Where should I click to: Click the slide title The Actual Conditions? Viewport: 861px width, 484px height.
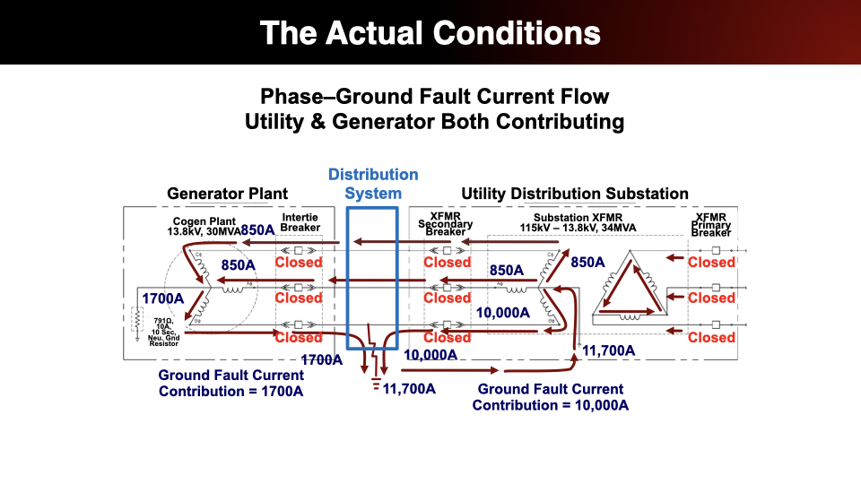click(430, 33)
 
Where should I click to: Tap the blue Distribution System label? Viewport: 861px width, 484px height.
click(373, 184)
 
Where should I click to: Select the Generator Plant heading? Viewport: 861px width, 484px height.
click(228, 194)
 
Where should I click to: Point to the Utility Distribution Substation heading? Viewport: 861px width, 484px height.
click(575, 194)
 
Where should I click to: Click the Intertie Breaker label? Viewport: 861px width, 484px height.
click(300, 223)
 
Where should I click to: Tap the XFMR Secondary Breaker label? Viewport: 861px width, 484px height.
click(446, 224)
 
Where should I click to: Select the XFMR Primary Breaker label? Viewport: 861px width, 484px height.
click(711, 224)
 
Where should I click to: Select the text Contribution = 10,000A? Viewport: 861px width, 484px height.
click(551, 405)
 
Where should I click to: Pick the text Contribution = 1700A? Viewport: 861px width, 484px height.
click(230, 391)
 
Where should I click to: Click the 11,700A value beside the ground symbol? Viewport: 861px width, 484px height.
click(409, 388)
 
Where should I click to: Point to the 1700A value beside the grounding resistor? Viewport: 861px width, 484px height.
click(163, 298)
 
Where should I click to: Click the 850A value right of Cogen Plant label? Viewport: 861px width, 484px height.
click(257, 229)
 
